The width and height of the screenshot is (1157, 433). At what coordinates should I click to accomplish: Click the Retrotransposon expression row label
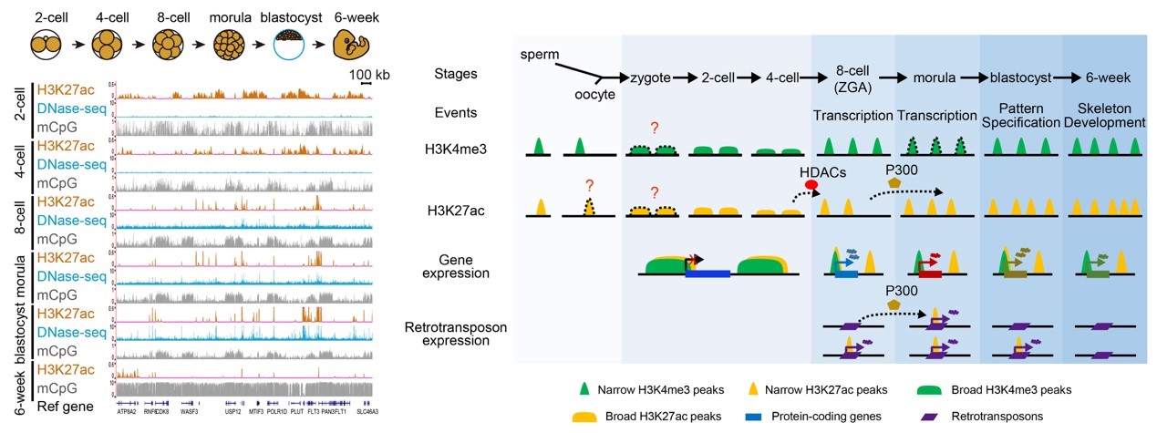456,335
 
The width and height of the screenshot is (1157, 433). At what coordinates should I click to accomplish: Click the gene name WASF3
190,411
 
